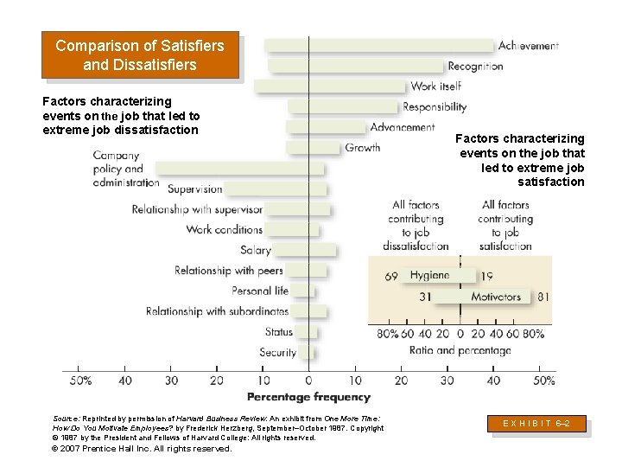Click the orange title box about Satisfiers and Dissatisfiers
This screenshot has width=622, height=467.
pyautogui.click(x=139, y=55)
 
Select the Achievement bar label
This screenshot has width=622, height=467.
pyautogui.click(x=528, y=46)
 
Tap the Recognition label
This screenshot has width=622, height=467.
pyautogui.click(x=475, y=66)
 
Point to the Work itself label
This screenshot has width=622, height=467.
pyautogui.click(x=435, y=86)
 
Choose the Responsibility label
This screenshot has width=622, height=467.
pyautogui.click(x=435, y=107)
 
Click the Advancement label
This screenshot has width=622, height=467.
pyautogui.click(x=403, y=127)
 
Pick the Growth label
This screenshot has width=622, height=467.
pyautogui.click(x=363, y=148)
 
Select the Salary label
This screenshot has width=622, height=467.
pyautogui.click(x=256, y=250)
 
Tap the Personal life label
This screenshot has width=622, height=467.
pyautogui.click(x=260, y=291)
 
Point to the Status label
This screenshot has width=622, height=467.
pyautogui.click(x=279, y=331)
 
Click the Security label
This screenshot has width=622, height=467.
pyautogui.click(x=277, y=352)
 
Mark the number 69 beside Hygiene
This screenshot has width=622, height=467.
pyautogui.click(x=391, y=276)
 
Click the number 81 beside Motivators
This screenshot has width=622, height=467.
pyautogui.click(x=543, y=297)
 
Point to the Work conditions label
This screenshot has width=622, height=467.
pyautogui.click(x=225, y=229)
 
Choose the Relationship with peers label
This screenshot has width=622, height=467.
pyautogui.click(x=229, y=271)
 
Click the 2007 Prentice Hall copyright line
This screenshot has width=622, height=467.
pyautogui.click(x=143, y=449)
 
